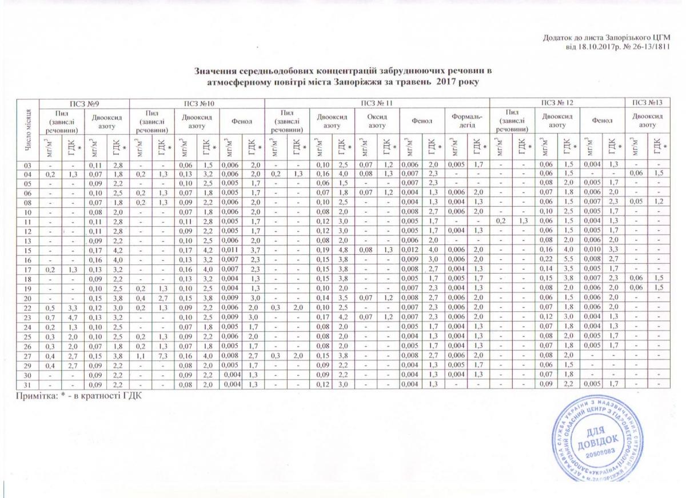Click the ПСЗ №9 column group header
[83, 103]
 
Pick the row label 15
[27, 249]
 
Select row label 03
[27, 166]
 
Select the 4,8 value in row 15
[342, 249]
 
